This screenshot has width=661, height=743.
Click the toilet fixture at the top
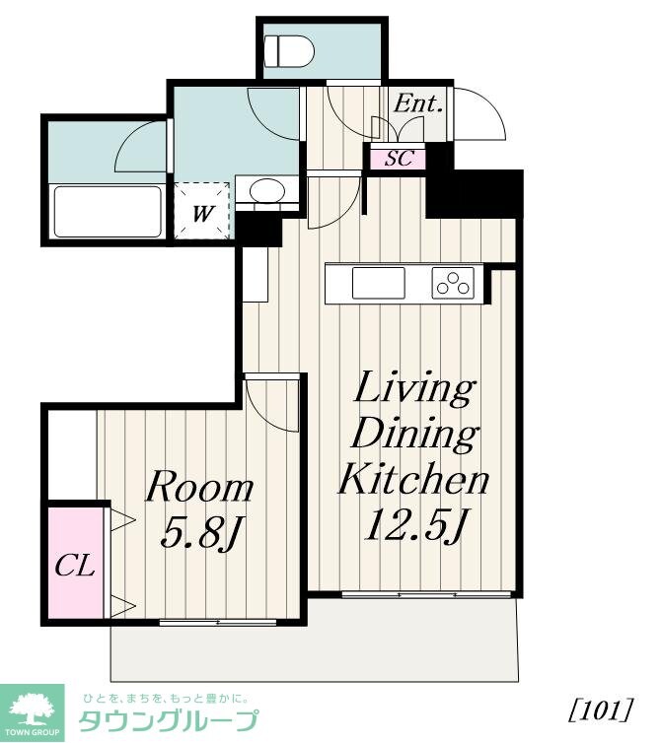tap(289, 50)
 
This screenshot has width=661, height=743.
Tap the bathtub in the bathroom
tap(108, 211)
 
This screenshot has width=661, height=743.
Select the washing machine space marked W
tap(202, 211)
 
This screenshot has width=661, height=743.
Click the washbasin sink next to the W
tap(266, 191)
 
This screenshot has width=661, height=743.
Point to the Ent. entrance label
tap(418, 103)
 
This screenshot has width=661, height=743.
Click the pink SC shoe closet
tap(398, 158)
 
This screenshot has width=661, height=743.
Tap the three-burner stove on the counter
tap(453, 283)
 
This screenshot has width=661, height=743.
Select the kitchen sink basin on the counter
tap(379, 283)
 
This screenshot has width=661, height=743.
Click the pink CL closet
tap(75, 563)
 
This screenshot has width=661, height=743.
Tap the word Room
tap(199, 487)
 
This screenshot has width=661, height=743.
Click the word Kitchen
tap(413, 479)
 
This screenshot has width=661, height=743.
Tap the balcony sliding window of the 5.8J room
tap(218, 622)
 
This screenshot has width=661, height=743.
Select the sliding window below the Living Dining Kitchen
tap(426, 594)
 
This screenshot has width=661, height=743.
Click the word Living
tap(413, 388)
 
